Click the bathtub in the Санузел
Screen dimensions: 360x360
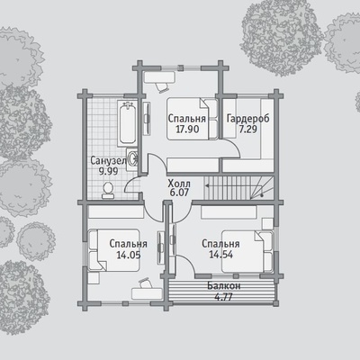click(128, 123)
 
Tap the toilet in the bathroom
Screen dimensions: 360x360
click(108, 191)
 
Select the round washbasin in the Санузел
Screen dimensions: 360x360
click(132, 158)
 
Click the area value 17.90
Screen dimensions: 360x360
click(187, 130)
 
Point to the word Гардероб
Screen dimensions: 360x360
click(248, 119)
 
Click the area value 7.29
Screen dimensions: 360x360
click(248, 130)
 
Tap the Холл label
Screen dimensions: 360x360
click(179, 183)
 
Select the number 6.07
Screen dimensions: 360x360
click(179, 193)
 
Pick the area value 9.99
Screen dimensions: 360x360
click(108, 171)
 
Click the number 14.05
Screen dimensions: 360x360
click(129, 255)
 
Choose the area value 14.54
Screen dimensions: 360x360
click(220, 255)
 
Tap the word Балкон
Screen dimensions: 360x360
click(224, 286)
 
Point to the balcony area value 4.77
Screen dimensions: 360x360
click(224, 297)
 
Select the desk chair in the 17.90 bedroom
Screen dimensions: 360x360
click(162, 87)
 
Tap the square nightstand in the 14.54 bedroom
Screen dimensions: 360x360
click(267, 224)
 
